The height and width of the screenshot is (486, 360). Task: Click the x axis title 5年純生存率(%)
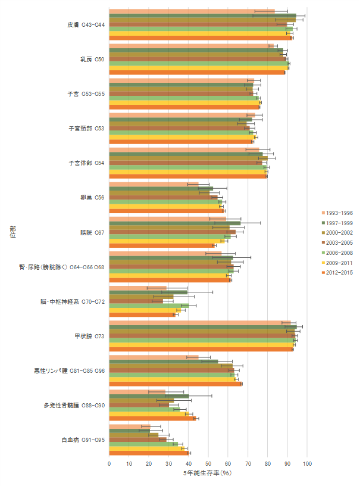(208, 473)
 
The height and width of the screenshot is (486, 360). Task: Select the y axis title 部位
(12, 232)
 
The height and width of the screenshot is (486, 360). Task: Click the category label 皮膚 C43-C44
(86, 25)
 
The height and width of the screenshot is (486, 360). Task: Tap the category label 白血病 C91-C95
(83, 440)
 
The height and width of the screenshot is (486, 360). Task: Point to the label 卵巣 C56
(92, 198)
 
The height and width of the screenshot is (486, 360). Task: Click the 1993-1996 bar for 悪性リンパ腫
(154, 357)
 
